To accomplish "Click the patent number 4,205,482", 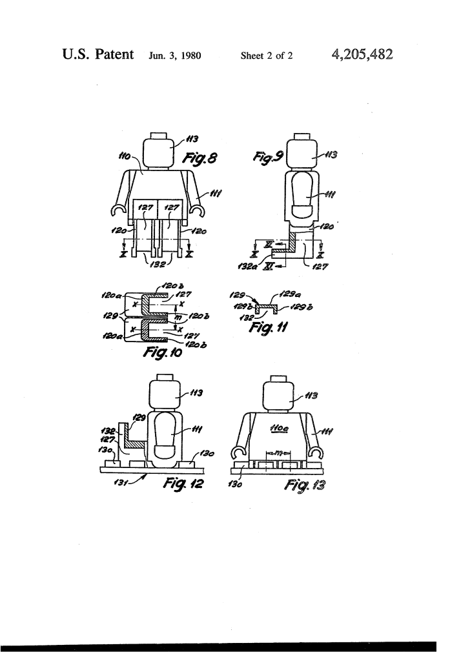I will point(362,54).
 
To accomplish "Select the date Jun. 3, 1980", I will point(176,56).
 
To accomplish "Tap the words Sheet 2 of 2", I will point(267,56).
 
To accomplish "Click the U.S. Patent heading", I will point(98,54).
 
